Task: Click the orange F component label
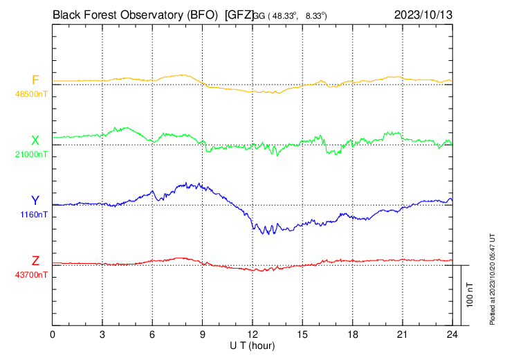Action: (x=35, y=80)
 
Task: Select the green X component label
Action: (x=35, y=141)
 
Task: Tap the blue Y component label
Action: (x=35, y=201)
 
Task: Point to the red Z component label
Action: (x=35, y=261)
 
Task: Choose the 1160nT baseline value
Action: (x=34, y=215)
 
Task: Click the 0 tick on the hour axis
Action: (x=53, y=334)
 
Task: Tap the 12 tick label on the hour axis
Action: (x=252, y=334)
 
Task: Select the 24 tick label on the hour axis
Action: (x=452, y=334)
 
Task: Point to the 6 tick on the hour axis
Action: (x=153, y=334)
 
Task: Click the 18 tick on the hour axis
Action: (x=352, y=334)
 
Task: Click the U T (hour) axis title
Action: (x=252, y=345)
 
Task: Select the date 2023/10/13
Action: (x=423, y=14)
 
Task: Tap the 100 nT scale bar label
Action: (x=470, y=295)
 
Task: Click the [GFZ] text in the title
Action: (x=239, y=14)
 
